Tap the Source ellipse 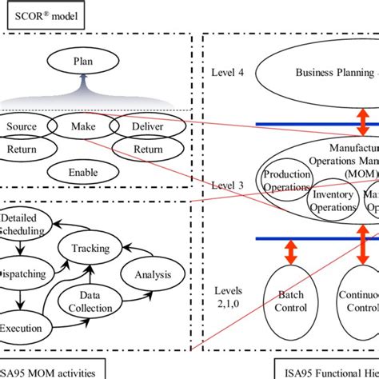[22, 126]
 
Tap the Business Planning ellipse [328, 72]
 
